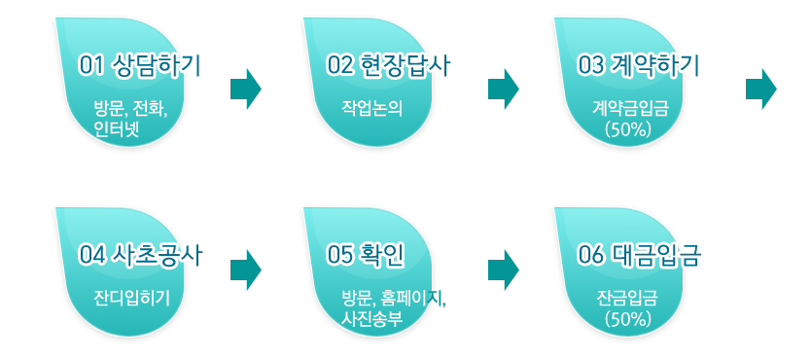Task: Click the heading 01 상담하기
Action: pyautogui.click(x=140, y=66)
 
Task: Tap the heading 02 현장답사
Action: pyautogui.click(x=389, y=66)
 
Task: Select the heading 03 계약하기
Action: pyautogui.click(x=639, y=66)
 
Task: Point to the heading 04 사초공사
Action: pyautogui.click(x=140, y=255)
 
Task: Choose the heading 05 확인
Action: pyautogui.click(x=366, y=255)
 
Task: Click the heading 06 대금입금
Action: pyautogui.click(x=639, y=255)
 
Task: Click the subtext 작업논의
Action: pyautogui.click(x=371, y=106)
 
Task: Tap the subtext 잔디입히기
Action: pyautogui.click(x=131, y=297)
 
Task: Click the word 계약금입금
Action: pyautogui.click(x=627, y=106)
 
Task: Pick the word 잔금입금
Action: pyautogui.click(x=627, y=297)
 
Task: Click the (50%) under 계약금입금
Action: pyautogui.click(x=627, y=127)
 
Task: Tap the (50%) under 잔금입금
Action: pyautogui.click(x=627, y=317)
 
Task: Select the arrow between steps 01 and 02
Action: pyautogui.click(x=246, y=89)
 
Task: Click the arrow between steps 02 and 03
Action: pyautogui.click(x=503, y=89)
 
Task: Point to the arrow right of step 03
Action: pyautogui.click(x=760, y=89)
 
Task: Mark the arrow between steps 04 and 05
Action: pyautogui.click(x=246, y=269)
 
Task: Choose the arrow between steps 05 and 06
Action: pyautogui.click(x=503, y=269)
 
